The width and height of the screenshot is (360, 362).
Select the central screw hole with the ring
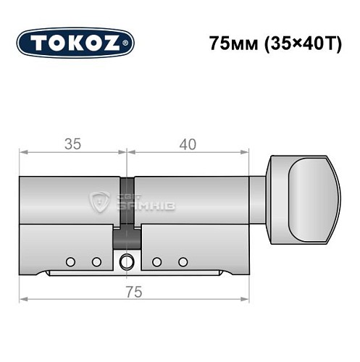[x=127, y=262]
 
